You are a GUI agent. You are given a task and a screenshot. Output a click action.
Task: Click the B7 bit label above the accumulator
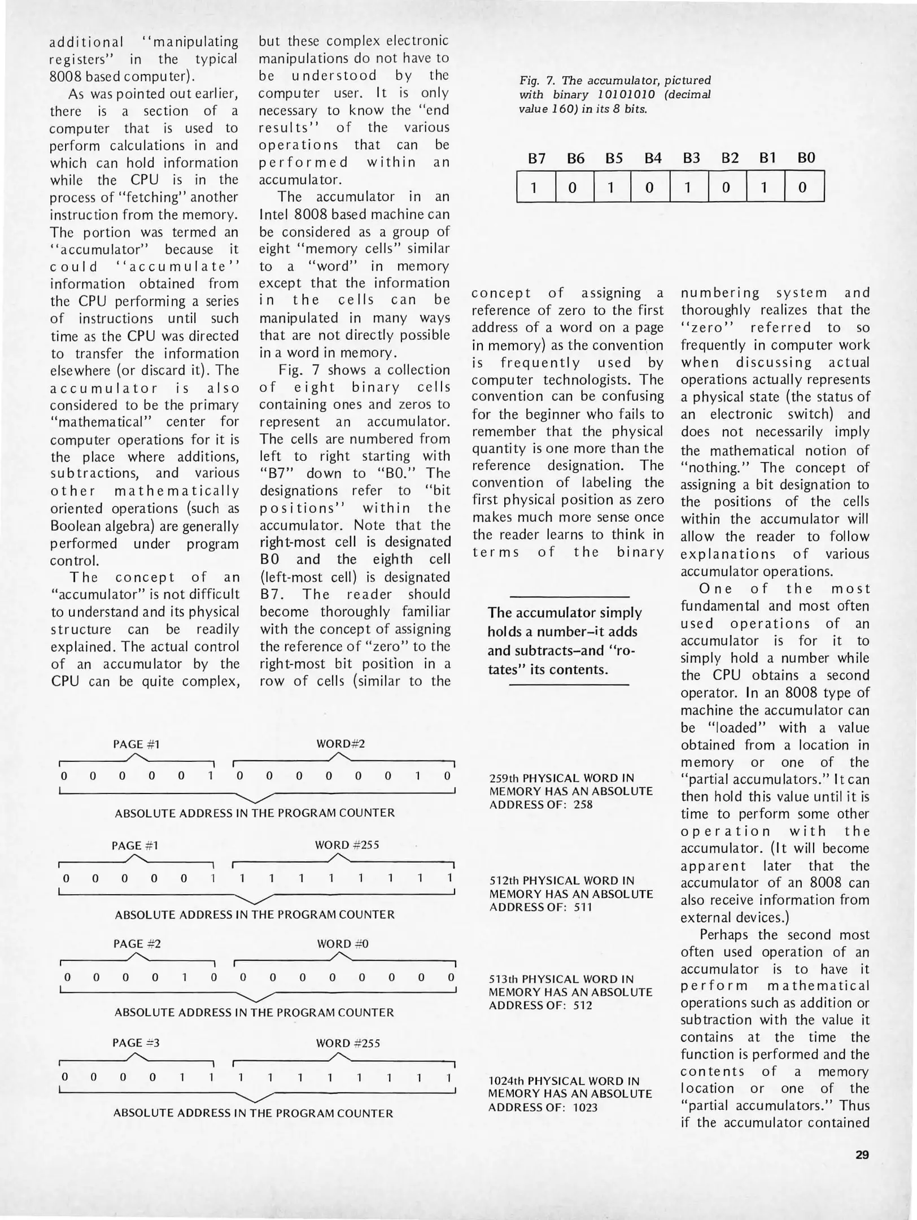[536, 159]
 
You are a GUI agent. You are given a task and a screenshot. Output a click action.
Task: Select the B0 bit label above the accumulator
[806, 159]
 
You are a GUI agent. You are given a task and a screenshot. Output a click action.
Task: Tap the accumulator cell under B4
[649, 187]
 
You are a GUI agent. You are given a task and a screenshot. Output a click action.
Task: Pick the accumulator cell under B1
[765, 187]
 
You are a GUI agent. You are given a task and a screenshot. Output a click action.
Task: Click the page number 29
[862, 1155]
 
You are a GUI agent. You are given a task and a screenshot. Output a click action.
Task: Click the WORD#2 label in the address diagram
[340, 744]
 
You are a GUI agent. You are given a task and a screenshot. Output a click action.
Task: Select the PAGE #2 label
[136, 944]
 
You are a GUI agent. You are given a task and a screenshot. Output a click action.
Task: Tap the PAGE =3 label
[136, 1043]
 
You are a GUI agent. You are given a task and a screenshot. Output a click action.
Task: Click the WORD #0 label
[342, 944]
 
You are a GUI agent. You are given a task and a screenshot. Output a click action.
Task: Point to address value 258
[583, 804]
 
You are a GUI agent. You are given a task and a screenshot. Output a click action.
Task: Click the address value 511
[583, 907]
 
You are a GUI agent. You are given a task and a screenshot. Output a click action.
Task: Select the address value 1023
[585, 1108]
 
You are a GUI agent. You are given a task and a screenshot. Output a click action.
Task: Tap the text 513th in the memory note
[505, 979]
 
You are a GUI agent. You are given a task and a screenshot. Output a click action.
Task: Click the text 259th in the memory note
[505, 778]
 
